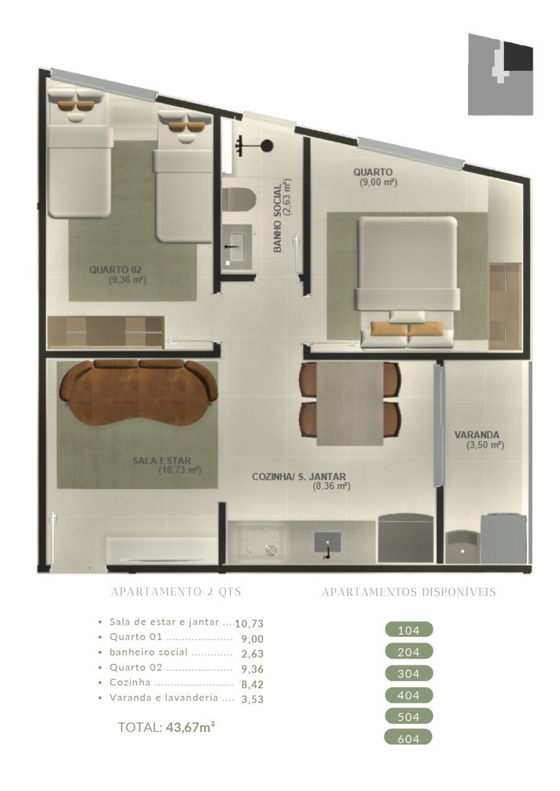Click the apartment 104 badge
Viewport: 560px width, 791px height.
[409, 629]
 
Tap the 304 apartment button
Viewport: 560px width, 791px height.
[408, 673]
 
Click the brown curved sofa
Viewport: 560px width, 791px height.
[139, 394]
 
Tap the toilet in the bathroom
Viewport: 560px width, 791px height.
[238, 200]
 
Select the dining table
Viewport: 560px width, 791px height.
[350, 404]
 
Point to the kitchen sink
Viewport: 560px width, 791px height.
[327, 544]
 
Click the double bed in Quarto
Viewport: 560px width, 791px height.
[407, 282]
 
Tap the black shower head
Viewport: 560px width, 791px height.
[267, 145]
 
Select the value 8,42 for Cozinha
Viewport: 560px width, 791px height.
[252, 685]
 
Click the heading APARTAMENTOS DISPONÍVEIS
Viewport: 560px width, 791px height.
[409, 592]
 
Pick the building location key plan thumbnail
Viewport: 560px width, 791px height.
[500, 75]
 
